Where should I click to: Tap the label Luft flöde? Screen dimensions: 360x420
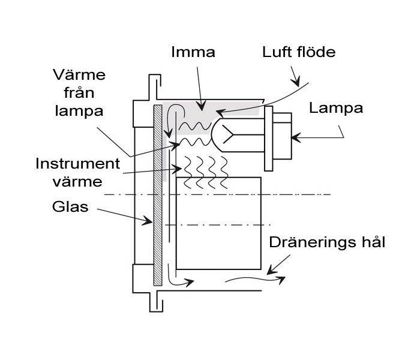coord(298,52)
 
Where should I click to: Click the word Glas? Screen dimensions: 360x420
coord(70,207)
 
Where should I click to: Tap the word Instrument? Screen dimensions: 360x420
coord(77,163)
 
